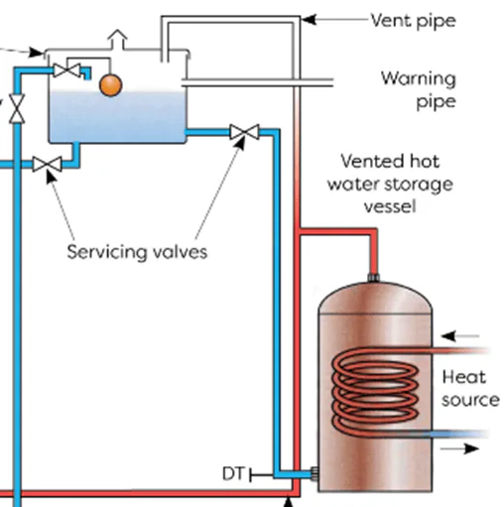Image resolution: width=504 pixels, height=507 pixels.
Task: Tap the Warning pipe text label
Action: click(x=419, y=88)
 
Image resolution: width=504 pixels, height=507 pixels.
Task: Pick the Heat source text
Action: click(x=469, y=388)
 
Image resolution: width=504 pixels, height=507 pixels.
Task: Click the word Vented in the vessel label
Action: click(x=370, y=161)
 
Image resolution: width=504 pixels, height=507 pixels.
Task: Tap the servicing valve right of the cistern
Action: click(x=243, y=132)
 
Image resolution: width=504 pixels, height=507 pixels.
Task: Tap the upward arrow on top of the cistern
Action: click(x=119, y=39)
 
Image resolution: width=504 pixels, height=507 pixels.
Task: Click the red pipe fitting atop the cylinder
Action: click(x=374, y=275)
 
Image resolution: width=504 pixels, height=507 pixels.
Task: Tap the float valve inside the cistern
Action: click(x=69, y=69)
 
